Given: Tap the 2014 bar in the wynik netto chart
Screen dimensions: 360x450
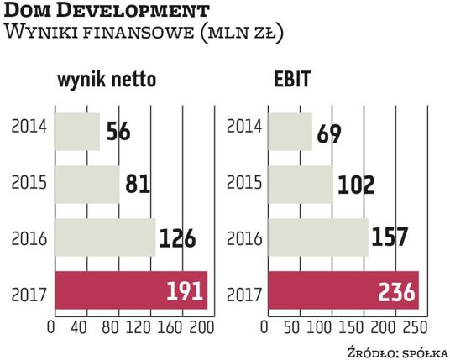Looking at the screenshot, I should tap(76, 131).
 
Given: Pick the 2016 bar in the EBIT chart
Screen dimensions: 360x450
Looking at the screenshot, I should tap(319, 237).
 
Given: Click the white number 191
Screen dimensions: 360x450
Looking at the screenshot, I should tap(182, 292).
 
